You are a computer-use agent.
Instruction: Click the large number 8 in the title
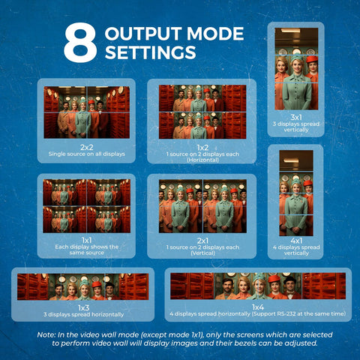coord(80,43)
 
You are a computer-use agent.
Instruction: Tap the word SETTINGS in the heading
coord(151,52)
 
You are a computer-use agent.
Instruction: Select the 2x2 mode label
coord(86,147)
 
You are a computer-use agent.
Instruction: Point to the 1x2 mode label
coord(202,148)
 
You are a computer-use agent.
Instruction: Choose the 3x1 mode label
coord(296,117)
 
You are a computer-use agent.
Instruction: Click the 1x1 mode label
coord(86,240)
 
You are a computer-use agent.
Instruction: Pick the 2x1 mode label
coord(202,241)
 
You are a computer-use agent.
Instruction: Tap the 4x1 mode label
coord(296,241)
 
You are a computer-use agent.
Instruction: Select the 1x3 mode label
coord(83,307)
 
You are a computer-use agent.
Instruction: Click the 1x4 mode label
coord(258,307)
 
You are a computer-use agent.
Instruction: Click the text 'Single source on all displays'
coord(87,154)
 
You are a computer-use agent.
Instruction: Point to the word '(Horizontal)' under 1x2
coord(202,160)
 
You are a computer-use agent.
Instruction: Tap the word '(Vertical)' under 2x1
coord(202,253)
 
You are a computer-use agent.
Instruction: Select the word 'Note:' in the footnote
coord(46,334)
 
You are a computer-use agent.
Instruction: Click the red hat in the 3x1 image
coord(312,59)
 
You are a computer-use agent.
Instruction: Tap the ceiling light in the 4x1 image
coord(291,160)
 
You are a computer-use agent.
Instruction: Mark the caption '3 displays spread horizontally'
coord(83,314)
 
